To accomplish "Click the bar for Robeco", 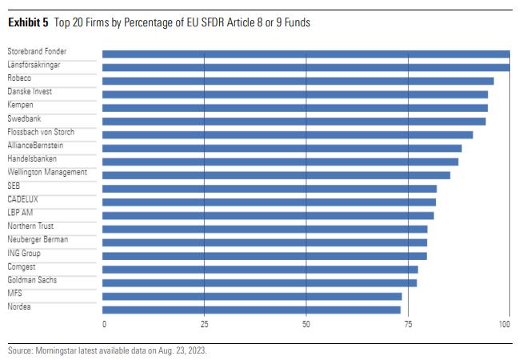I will pos(297,81).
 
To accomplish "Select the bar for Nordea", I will pos(251,310).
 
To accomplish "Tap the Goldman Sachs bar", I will pos(259,282).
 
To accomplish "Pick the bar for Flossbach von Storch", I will pos(287,134).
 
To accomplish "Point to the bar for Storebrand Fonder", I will pos(305,54).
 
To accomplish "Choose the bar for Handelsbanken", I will pos(280,162).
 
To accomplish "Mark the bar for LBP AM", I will pos(268,215).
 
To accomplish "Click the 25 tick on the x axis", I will pos(204,325).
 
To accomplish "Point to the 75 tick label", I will pos(408,325).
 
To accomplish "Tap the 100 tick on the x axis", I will pos(505,325).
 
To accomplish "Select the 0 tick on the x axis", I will pos(104,325).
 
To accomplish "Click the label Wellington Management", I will pos(47,172).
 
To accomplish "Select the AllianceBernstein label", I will pos(35,145).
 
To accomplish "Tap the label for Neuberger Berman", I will pos(38,239).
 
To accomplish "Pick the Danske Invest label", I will pos(30,91).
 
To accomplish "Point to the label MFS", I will pos(14,293).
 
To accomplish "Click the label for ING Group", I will pos(24,253).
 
